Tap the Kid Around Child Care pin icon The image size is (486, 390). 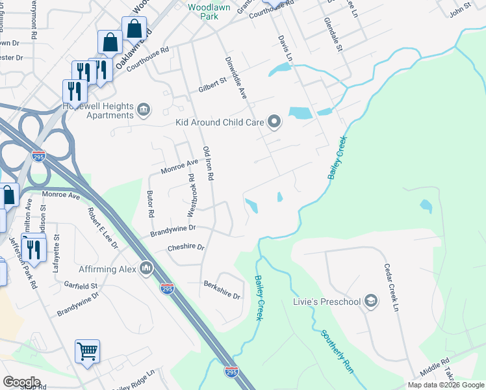(274, 122)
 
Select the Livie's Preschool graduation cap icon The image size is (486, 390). (370, 300)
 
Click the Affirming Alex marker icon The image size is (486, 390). (146, 268)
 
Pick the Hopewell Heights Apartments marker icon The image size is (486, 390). (144, 110)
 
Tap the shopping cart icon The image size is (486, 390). (87, 352)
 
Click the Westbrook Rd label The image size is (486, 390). (191, 194)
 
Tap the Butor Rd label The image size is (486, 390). (151, 203)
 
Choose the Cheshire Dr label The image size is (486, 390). (186, 248)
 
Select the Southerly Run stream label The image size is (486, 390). (338, 351)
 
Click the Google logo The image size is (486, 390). (21, 382)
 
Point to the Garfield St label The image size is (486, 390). (81, 286)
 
